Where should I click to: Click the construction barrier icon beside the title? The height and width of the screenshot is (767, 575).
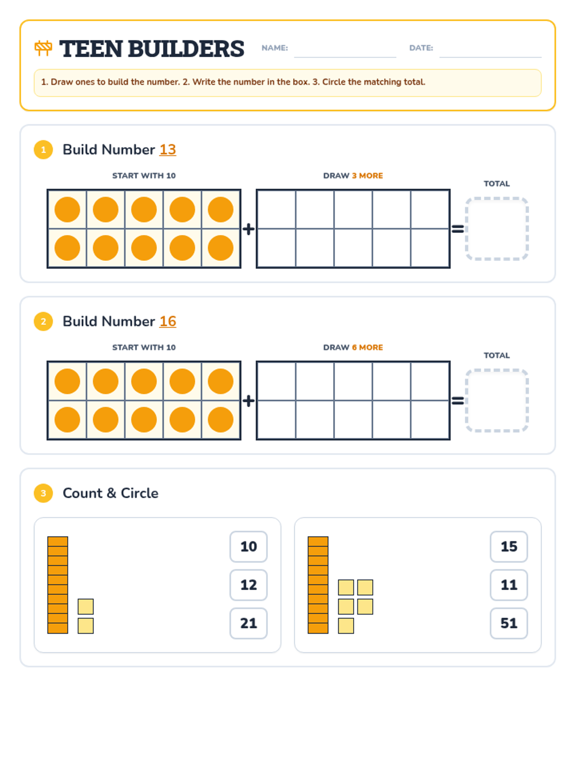click(43, 48)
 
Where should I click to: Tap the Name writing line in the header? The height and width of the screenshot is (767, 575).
click(345, 57)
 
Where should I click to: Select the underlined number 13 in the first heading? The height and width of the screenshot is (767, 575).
click(168, 150)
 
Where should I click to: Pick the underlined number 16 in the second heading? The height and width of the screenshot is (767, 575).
click(168, 321)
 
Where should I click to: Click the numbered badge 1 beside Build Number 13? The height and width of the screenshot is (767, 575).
click(43, 150)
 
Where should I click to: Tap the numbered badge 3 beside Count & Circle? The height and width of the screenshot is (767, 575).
click(43, 493)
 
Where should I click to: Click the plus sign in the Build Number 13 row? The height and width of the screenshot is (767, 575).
click(248, 229)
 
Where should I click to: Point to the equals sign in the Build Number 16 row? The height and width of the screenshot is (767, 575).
click(457, 400)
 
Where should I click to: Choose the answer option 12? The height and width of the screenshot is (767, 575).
click(248, 584)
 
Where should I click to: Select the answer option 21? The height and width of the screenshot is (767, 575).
click(248, 623)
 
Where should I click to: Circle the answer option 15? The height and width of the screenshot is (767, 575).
click(508, 546)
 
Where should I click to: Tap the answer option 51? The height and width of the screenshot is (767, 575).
click(508, 623)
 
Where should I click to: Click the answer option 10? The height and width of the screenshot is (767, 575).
click(248, 546)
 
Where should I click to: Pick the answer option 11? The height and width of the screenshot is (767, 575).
click(508, 584)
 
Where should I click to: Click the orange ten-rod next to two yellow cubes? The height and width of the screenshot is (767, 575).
click(57, 584)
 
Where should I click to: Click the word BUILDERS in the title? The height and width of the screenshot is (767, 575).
click(186, 48)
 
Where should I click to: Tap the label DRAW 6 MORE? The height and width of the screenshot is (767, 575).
click(353, 348)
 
